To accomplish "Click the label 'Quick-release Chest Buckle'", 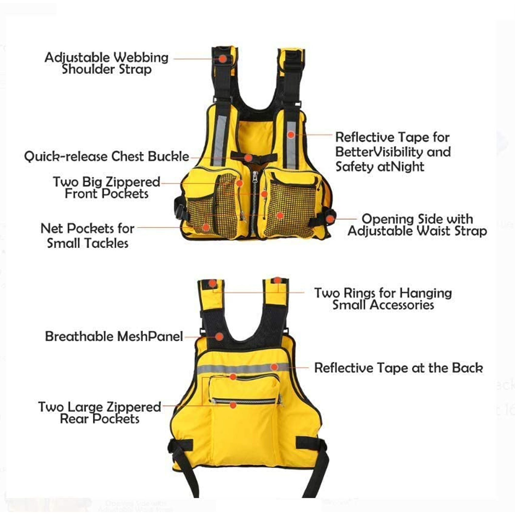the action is (107, 157).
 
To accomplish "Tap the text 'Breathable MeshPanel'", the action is (114, 336).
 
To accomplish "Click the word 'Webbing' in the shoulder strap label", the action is (141, 58).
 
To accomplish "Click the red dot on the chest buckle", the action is (248, 158).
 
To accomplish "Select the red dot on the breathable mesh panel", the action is (219, 336).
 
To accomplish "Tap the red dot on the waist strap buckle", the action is (330, 219).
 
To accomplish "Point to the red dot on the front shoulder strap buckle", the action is (223, 59).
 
